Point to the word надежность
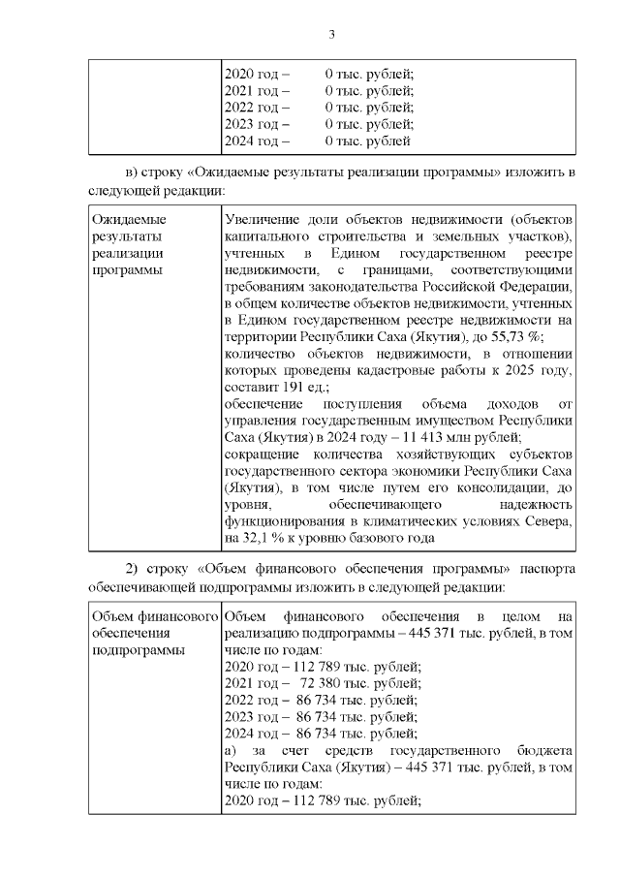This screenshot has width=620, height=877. [x=539, y=503]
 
